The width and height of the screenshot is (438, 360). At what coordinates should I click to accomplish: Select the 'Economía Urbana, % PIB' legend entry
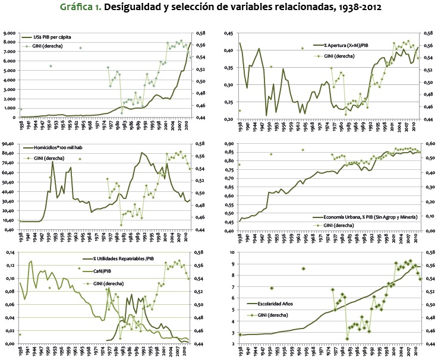click(358, 217)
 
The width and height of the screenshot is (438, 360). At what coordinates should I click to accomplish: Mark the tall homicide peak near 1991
click(142, 153)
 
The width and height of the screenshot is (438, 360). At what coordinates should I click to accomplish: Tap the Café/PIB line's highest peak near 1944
click(31, 261)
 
